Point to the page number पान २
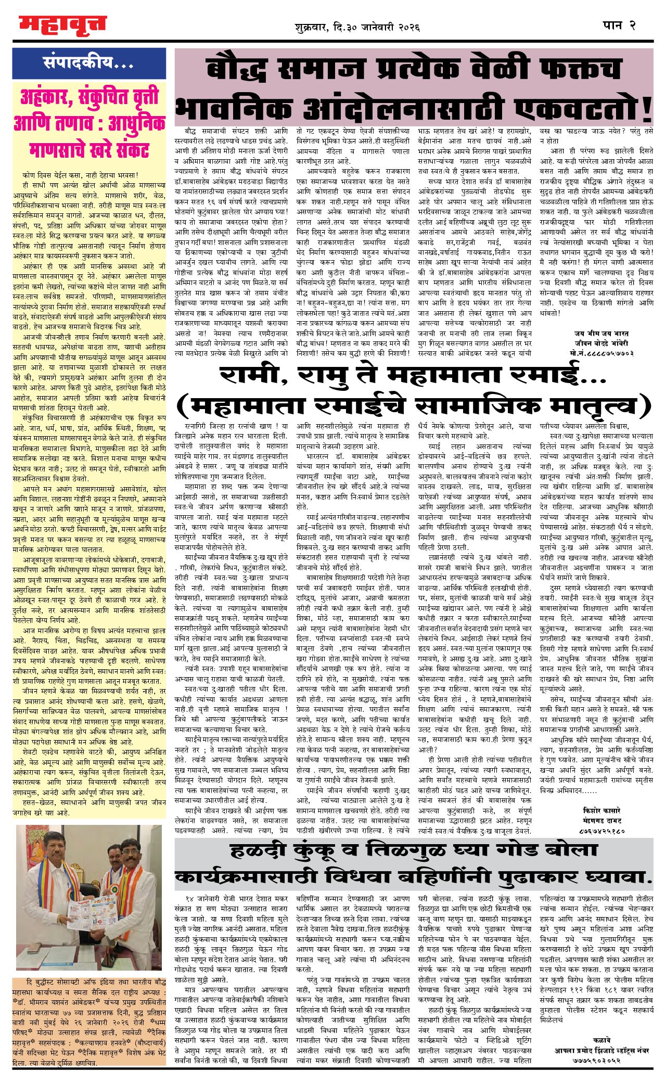[x=619, y=25]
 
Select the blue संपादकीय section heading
[x=88, y=63]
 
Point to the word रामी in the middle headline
[x=250, y=376]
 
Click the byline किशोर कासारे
[x=601, y=810]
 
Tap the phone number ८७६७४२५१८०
[x=601, y=831]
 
